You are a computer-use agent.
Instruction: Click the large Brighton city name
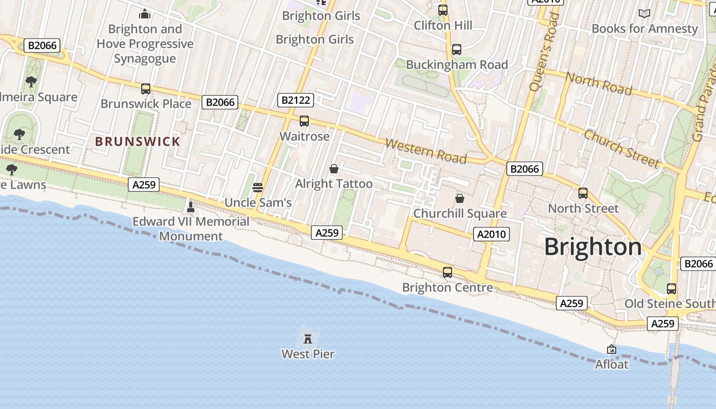pos(593,247)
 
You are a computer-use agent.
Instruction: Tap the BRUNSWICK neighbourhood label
pos(138,142)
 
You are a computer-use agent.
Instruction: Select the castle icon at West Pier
pos(308,338)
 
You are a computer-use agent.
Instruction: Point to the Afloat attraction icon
pos(611,350)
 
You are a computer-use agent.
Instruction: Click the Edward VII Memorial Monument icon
pos(191,207)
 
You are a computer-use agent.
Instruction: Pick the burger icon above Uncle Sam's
pos(258,188)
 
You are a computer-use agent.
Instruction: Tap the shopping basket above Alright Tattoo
pos(334,169)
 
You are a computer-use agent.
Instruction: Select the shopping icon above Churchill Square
pos(460,198)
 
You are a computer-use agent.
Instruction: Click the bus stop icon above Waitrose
pos(304,121)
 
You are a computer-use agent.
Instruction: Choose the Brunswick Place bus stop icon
pos(146,89)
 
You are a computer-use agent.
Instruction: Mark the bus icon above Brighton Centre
pos(447,272)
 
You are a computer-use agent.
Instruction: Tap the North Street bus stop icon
pos(583,193)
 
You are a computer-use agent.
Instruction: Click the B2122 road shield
pos(296,100)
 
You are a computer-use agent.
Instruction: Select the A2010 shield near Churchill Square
pos(491,234)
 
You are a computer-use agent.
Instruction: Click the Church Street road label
pos(621,148)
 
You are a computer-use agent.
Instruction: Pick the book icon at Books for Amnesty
pos(644,14)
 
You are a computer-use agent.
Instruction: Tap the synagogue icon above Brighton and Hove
pos(145,14)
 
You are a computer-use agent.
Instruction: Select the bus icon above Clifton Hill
pos(443,10)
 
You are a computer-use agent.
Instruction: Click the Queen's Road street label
pos(544,52)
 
